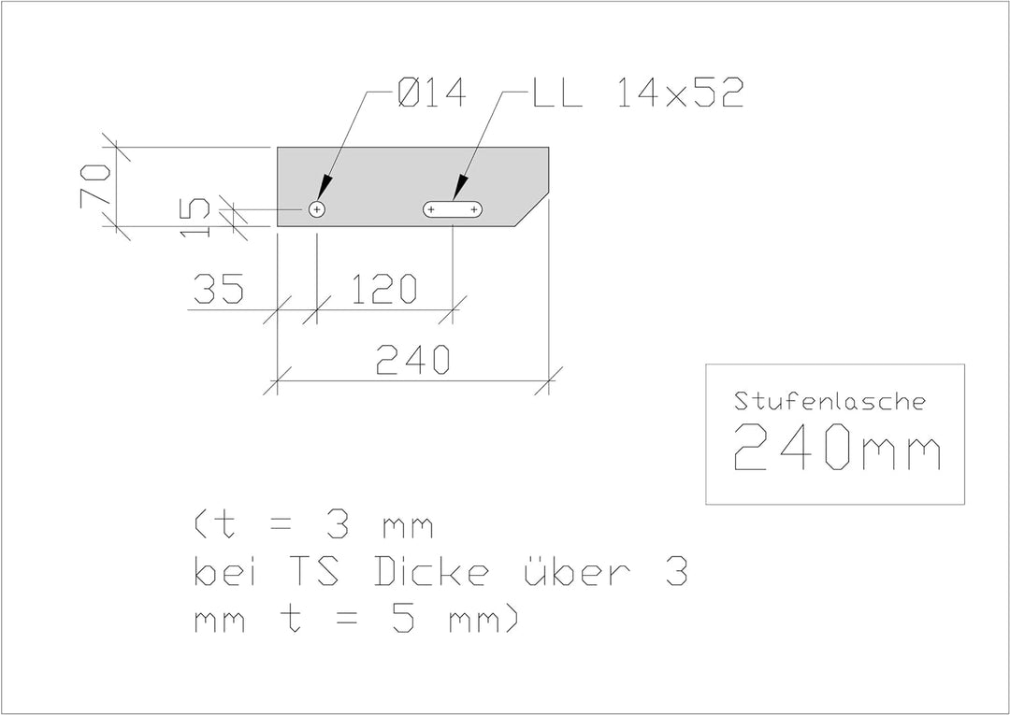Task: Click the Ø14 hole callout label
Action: (431, 94)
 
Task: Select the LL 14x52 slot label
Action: (639, 94)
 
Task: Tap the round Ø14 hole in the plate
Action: (316, 209)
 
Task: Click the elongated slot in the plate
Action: (453, 209)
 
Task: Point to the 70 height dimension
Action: (95, 186)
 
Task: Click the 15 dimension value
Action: (195, 218)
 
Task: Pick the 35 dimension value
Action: (219, 288)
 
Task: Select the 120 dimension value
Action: (384, 288)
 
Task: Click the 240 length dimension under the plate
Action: (412, 359)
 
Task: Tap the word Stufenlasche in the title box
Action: (830, 402)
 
